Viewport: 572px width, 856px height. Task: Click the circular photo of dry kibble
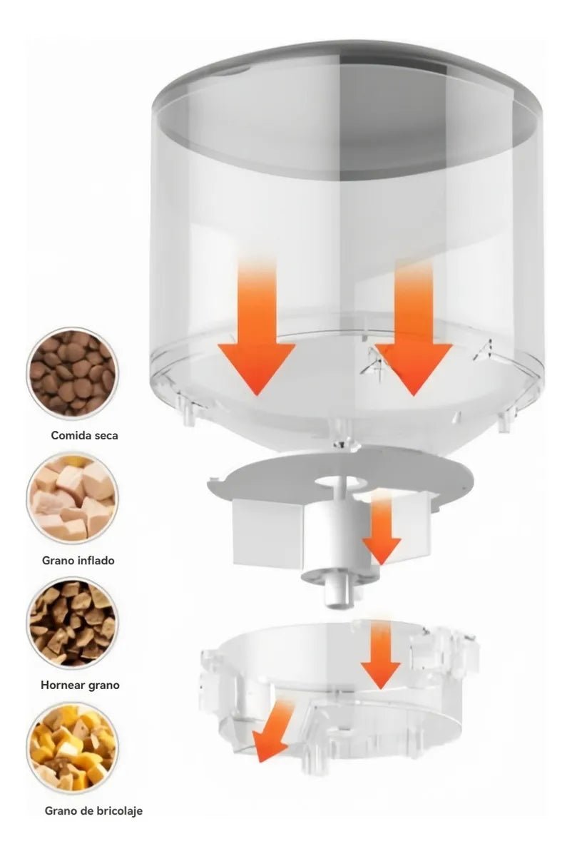click(72, 372)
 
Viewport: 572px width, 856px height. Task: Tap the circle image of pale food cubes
click(72, 497)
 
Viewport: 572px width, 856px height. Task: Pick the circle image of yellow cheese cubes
click(72, 747)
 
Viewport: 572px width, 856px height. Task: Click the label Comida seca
click(84, 435)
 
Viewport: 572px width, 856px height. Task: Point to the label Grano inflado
click(78, 561)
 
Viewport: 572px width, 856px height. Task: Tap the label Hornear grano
click(80, 686)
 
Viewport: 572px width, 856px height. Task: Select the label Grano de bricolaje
click(93, 811)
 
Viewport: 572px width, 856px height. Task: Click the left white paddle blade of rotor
click(267, 531)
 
